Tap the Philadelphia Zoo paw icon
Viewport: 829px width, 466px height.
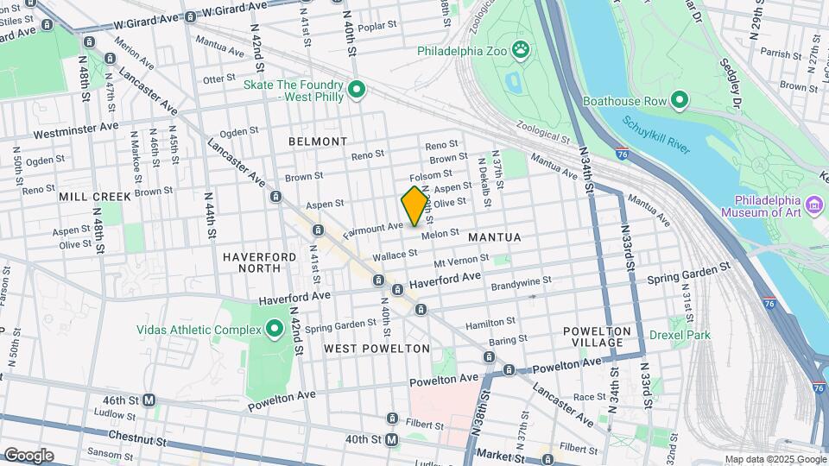522,50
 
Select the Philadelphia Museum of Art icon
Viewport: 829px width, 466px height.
814,205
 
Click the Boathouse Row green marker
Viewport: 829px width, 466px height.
679,101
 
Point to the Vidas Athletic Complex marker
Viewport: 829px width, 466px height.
275,329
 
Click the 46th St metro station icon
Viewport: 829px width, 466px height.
149,400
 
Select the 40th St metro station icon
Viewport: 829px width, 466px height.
392,439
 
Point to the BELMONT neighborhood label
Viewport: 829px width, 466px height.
318,142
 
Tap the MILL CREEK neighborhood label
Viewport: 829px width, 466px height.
95,197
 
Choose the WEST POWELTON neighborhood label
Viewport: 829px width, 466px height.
377,349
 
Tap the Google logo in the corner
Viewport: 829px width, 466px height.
28,456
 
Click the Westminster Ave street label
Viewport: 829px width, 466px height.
76,130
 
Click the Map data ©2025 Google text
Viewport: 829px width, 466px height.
775,459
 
